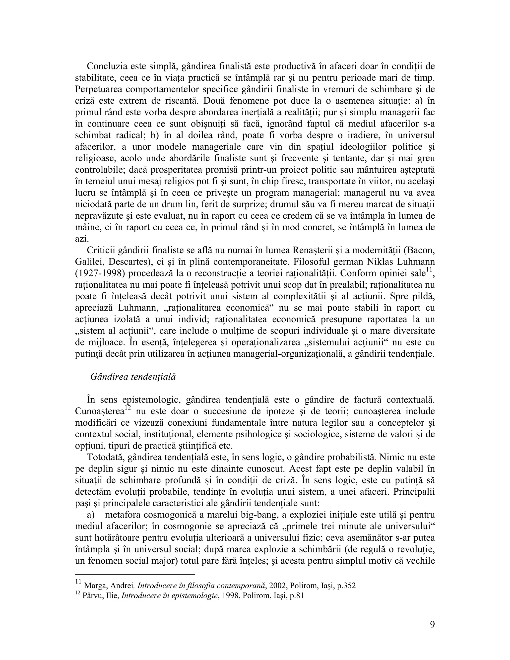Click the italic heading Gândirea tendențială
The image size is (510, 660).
(133, 377)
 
